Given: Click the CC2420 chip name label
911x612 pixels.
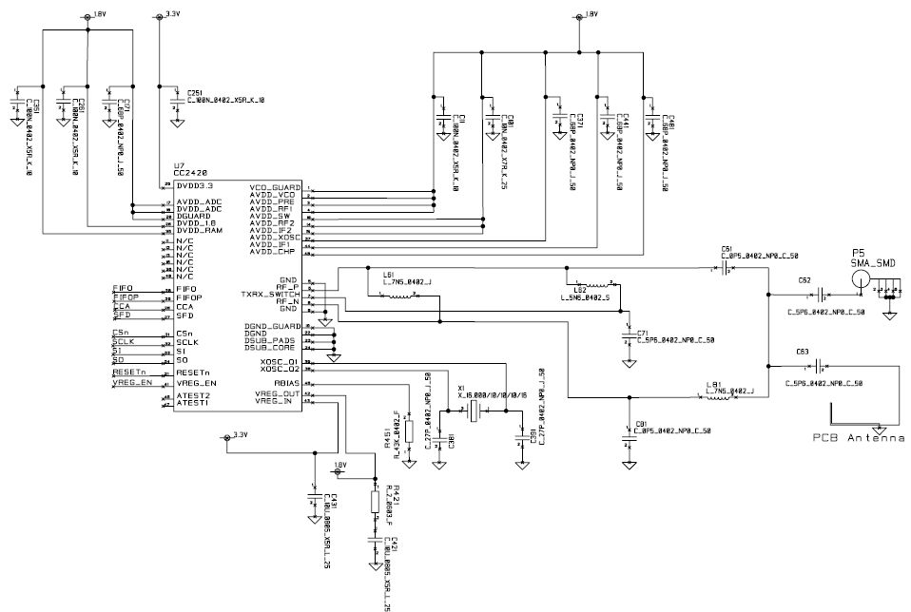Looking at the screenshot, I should pyautogui.click(x=190, y=173).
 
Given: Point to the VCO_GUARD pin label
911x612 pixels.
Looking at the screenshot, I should pyautogui.click(x=275, y=187).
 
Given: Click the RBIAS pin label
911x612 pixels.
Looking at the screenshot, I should pyautogui.click(x=285, y=383).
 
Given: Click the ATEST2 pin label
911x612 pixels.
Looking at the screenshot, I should pyautogui.click(x=192, y=395).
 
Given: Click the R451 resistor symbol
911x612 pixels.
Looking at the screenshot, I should pyautogui.click(x=409, y=431).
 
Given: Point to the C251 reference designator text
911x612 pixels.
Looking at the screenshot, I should pyautogui.click(x=198, y=92).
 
